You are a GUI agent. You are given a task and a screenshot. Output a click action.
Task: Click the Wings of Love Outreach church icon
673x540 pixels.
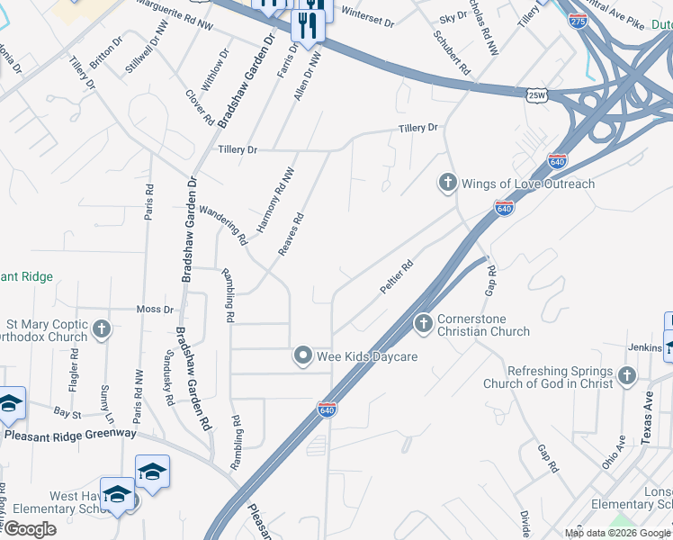coord(447,184)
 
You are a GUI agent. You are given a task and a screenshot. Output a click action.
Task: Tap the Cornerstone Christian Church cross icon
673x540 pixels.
coord(424,322)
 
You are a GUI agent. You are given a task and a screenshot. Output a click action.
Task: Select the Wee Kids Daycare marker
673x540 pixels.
coord(303,356)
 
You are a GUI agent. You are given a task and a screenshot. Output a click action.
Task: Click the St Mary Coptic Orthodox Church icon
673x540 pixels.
coord(101,328)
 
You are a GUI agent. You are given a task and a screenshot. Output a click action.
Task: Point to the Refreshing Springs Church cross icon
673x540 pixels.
coord(627,376)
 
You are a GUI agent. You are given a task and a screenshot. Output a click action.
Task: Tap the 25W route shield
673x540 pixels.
coord(536,94)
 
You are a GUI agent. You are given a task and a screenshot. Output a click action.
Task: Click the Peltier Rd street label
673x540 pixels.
coord(396,275)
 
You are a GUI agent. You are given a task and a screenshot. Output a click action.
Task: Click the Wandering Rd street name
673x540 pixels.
coord(223,225)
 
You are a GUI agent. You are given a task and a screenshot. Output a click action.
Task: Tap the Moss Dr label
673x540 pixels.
coord(155,310)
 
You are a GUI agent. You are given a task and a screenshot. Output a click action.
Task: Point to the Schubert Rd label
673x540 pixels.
coord(452,53)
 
